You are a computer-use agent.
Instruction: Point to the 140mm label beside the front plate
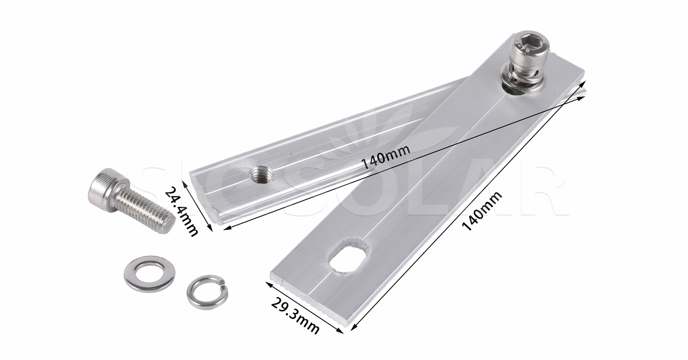click(483, 211)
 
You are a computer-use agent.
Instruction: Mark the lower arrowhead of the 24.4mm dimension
click(210, 229)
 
